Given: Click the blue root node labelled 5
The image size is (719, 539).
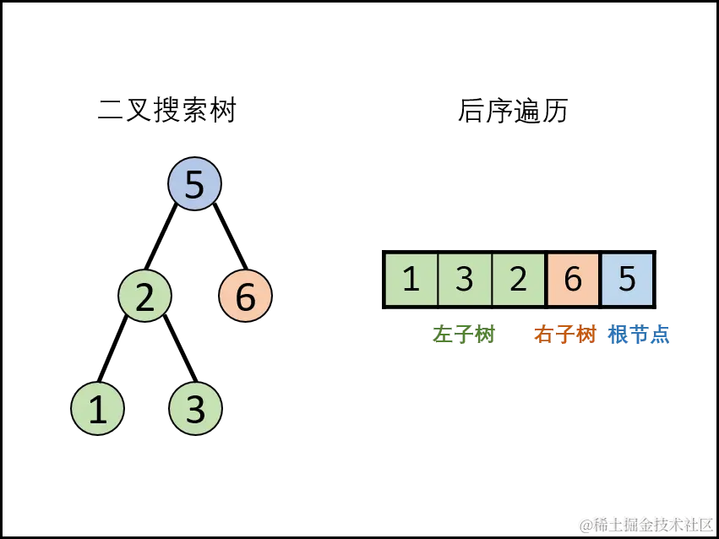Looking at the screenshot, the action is [x=194, y=184].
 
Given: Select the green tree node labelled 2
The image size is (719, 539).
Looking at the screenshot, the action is [x=144, y=297].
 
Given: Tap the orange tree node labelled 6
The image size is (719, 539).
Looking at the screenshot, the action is [x=245, y=297].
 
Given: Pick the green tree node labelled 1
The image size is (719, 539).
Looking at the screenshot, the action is [x=97, y=410].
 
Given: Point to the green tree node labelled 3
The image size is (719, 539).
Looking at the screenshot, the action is [x=195, y=410].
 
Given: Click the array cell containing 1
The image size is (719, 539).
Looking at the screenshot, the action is [x=411, y=279].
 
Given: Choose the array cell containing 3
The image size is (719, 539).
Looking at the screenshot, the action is [x=465, y=279].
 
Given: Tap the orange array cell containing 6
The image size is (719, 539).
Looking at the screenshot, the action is [x=573, y=279].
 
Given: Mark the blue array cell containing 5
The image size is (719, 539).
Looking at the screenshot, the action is [x=627, y=279].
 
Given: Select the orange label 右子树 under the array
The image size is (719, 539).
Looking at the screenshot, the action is [x=564, y=335].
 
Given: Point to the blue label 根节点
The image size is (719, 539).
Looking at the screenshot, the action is [x=638, y=335].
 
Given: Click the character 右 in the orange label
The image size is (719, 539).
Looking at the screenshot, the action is [x=543, y=335].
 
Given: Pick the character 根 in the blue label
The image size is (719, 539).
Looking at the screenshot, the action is [x=618, y=335].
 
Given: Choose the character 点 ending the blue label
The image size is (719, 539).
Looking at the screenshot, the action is [x=659, y=335].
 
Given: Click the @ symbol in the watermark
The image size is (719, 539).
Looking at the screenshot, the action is [x=585, y=525].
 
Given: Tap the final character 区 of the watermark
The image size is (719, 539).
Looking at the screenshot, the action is [x=705, y=525].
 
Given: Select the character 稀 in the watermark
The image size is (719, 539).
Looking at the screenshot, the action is [x=599, y=525].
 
